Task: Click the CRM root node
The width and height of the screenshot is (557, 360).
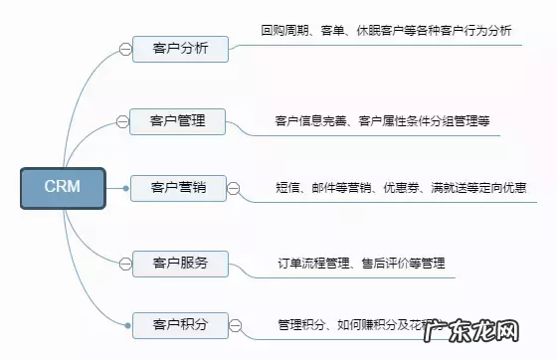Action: (x=63, y=188)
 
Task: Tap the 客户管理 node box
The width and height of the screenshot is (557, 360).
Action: (x=179, y=121)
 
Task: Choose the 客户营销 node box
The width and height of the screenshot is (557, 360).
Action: (x=178, y=186)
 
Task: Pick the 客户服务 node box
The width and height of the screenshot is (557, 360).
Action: (x=179, y=264)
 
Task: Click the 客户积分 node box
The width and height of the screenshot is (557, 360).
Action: (x=179, y=323)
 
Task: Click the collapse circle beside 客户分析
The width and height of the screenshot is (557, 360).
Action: (x=124, y=48)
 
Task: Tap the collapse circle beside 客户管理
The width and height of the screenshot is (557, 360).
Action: (x=123, y=121)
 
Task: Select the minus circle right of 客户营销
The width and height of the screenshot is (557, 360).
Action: (x=234, y=187)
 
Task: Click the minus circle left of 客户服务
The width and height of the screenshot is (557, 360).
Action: (x=124, y=264)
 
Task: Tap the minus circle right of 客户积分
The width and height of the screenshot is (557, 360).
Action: (x=236, y=323)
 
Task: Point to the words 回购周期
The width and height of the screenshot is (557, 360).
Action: (x=284, y=31)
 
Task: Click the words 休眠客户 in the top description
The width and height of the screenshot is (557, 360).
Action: (x=379, y=31)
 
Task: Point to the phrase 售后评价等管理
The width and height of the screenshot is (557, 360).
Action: (x=405, y=265)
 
